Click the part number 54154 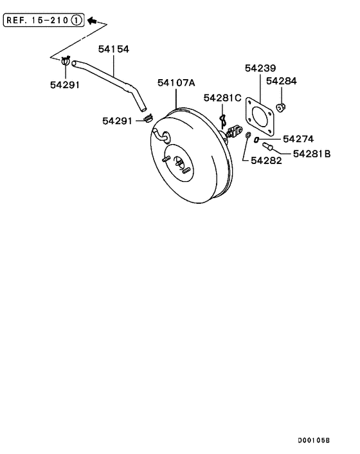point(114,48)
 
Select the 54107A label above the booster point(176,82)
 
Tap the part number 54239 point(260,68)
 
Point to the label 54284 point(282,82)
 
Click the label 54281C point(222,98)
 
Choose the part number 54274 point(298,139)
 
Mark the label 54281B point(312,154)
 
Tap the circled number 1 point(77,21)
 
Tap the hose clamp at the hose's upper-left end point(66,62)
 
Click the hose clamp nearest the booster point(147,118)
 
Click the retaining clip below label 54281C point(222,120)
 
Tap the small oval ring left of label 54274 point(256,139)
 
